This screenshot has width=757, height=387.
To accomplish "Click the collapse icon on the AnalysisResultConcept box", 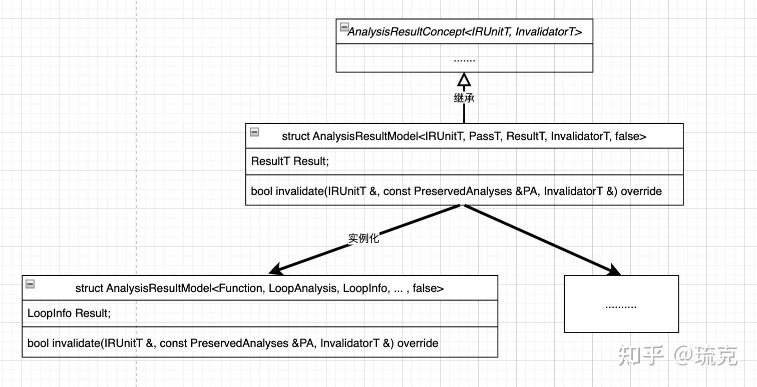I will pyautogui.click(x=344, y=27).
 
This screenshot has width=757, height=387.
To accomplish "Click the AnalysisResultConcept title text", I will pyautogui.click(x=465, y=32).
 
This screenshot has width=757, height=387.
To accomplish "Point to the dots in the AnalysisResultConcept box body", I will pyautogui.click(x=464, y=59).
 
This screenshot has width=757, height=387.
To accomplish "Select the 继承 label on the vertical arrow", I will pyautogui.click(x=464, y=98).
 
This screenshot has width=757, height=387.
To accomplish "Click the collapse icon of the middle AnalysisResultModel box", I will pyautogui.click(x=254, y=132).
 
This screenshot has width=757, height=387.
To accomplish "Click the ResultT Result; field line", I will pyautogui.click(x=290, y=161).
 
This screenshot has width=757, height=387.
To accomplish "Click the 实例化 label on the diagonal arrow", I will pyautogui.click(x=363, y=238).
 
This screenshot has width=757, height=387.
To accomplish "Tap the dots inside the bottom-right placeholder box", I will pyautogui.click(x=621, y=305).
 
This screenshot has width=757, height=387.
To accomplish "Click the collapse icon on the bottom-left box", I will pyautogui.click(x=30, y=284).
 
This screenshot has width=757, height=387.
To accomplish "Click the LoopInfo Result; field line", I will pyautogui.click(x=69, y=313).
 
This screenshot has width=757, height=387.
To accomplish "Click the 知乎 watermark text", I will pyautogui.click(x=641, y=355).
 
